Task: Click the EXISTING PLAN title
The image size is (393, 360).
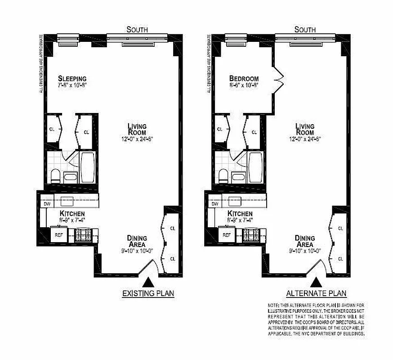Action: (x=148, y=294)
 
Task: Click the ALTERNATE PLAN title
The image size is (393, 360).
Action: (x=317, y=293)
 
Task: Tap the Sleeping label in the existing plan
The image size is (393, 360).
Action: (x=72, y=79)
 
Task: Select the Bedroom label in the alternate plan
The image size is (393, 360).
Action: (x=243, y=79)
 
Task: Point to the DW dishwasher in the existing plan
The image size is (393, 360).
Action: (x=46, y=203)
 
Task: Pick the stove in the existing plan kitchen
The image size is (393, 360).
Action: (x=83, y=234)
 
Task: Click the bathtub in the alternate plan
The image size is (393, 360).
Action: (x=255, y=167)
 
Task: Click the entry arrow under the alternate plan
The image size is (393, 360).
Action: (x=317, y=282)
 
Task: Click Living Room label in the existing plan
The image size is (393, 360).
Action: (x=137, y=130)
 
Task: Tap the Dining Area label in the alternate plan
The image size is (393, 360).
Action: (x=304, y=241)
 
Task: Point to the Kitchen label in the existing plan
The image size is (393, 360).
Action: (x=72, y=214)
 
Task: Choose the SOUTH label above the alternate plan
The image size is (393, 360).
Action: (x=305, y=30)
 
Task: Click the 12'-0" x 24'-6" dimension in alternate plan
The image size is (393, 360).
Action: (x=304, y=139)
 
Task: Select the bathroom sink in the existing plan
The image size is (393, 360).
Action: (x=70, y=176)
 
